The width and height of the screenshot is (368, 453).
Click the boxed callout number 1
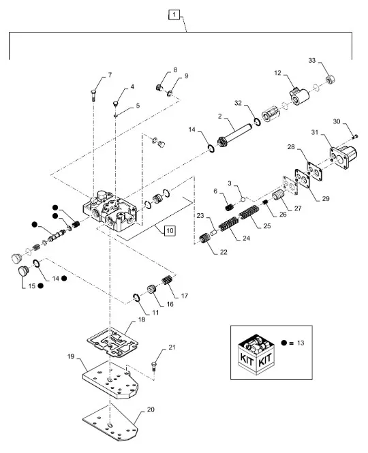[174, 14]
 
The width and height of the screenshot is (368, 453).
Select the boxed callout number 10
[170, 230]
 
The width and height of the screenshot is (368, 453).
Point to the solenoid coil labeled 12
[299, 97]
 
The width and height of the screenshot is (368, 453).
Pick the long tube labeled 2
[235, 135]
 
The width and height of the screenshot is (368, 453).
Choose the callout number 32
[238, 103]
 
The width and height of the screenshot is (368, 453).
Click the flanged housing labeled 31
[343, 157]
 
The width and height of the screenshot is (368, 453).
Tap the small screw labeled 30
[355, 136]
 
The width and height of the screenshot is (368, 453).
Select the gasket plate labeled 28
[314, 171]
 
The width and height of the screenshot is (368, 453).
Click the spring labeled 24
[228, 224]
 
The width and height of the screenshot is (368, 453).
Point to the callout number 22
[224, 252]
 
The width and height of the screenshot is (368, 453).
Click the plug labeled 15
[22, 272]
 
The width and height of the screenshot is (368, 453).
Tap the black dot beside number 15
[41, 285]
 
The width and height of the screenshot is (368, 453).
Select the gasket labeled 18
[112, 343]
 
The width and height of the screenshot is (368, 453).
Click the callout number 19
[71, 356]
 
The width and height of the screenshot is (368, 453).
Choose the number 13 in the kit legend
[301, 343]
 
